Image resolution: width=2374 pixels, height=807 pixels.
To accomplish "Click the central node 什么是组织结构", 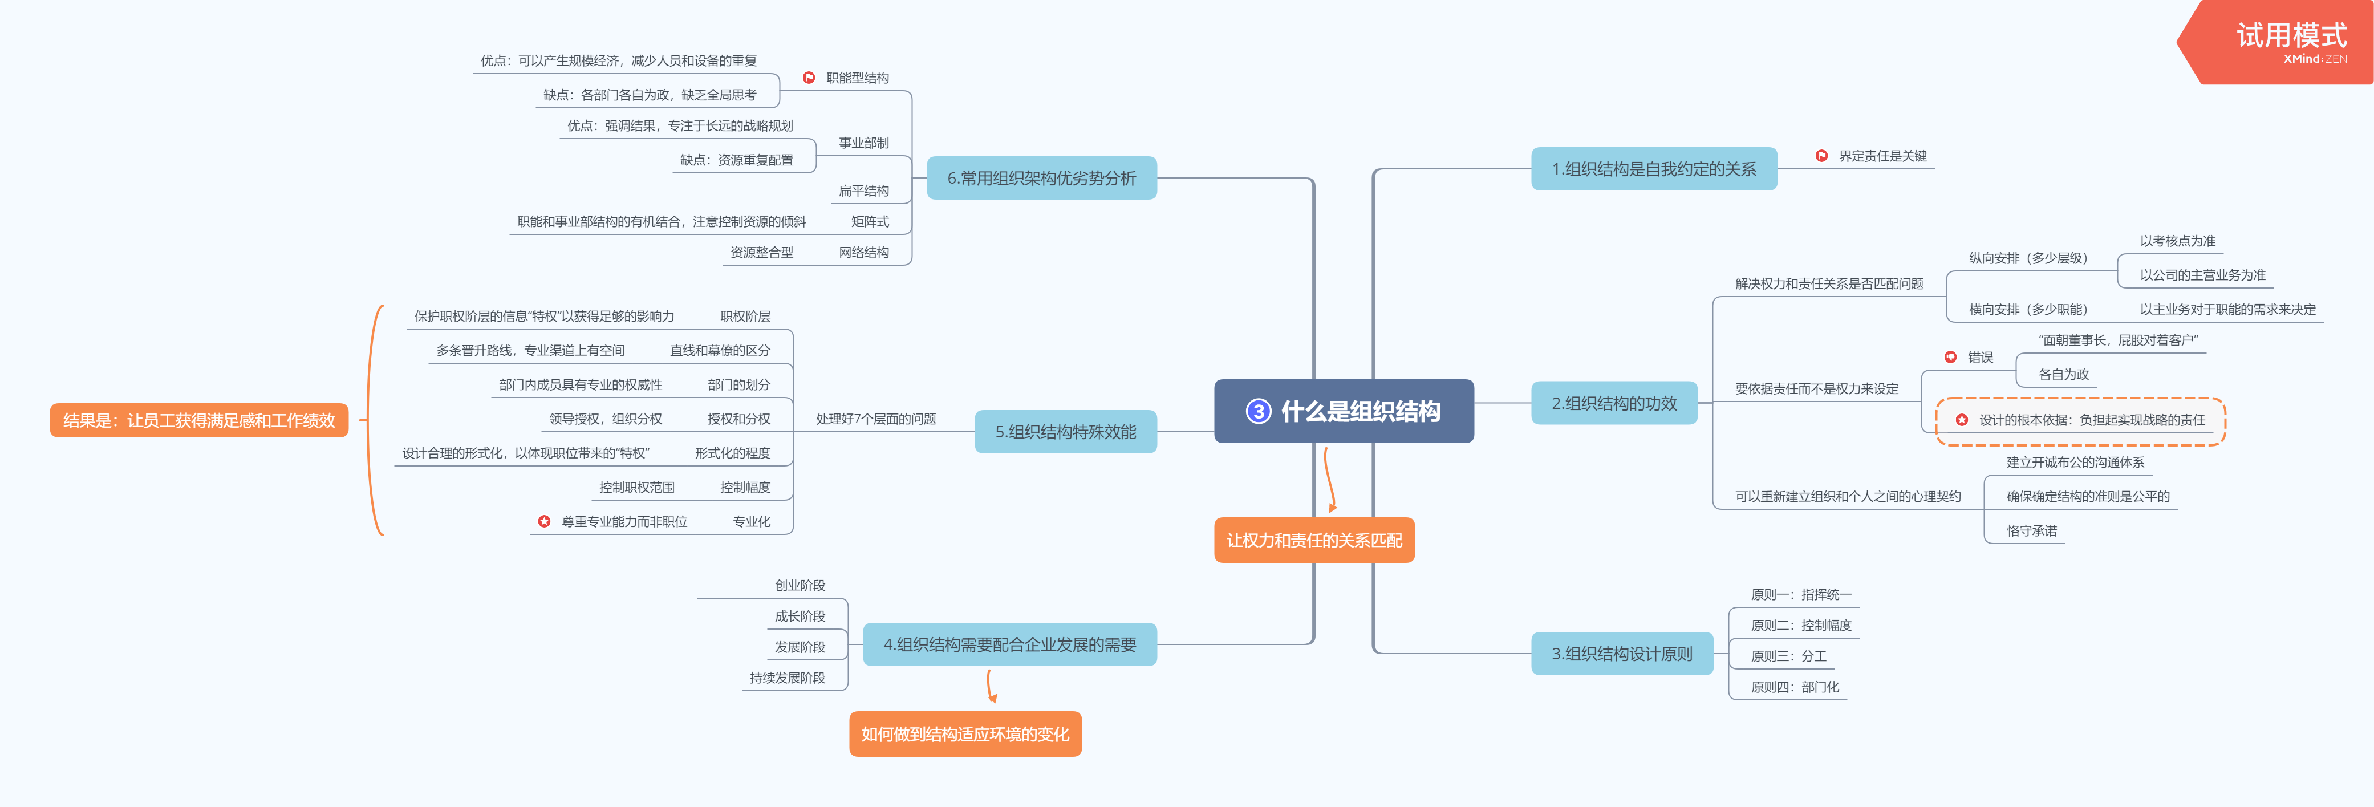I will click(1360, 411).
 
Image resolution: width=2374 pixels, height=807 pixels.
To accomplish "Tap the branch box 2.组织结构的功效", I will click(1614, 403).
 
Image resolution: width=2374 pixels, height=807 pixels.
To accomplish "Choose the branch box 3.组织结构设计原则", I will click(1622, 653).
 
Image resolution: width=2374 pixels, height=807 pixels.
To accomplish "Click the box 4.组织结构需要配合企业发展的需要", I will click(1009, 644).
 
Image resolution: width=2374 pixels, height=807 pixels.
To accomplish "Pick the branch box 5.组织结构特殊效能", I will click(1065, 431).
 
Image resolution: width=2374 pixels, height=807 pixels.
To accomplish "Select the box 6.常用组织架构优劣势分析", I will click(1041, 178).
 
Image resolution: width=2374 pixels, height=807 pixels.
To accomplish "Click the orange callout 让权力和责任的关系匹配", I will click(1314, 540).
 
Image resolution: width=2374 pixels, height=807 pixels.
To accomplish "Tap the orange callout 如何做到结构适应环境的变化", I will click(965, 733).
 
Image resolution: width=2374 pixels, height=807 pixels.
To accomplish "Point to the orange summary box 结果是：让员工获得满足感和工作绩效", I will click(199, 420).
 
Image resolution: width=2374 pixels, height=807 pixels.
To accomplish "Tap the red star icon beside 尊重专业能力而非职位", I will click(545, 521).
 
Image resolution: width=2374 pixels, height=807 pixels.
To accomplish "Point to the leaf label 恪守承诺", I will click(2031, 530).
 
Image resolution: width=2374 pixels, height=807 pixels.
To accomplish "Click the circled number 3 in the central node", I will click(1258, 411).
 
